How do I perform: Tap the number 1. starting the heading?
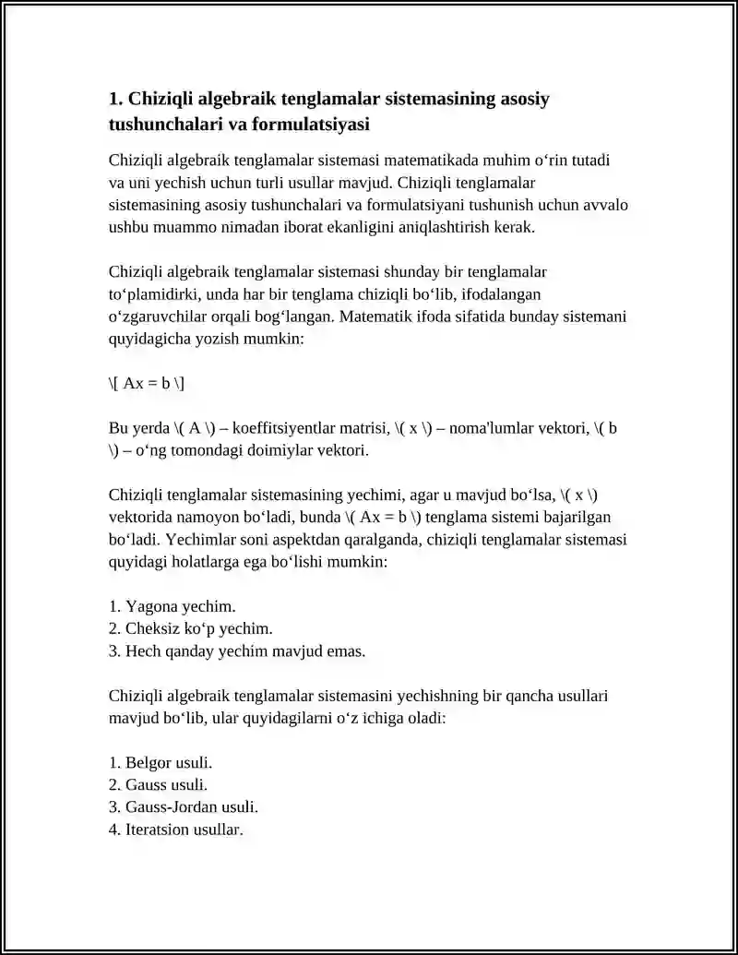[116, 99]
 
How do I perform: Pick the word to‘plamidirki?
[159, 294]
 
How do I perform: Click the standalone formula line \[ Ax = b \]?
[147, 383]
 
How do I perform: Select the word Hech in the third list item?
[141, 651]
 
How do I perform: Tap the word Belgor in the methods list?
[148, 763]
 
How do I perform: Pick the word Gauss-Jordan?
[172, 807]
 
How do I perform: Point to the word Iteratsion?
[158, 830]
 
